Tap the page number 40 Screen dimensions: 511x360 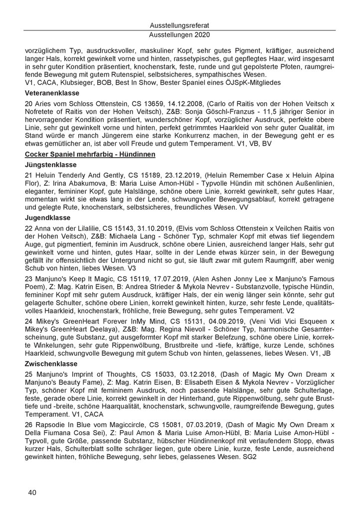(33, 493)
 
